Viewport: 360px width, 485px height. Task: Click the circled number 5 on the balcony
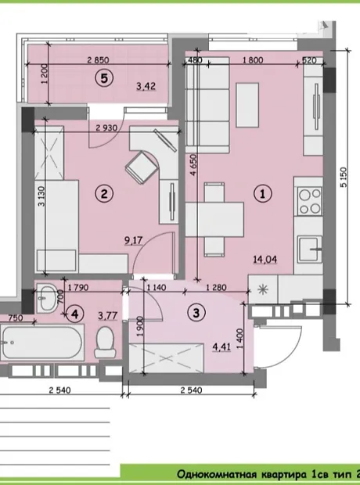pyautogui.click(x=104, y=78)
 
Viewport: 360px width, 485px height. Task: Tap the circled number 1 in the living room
pyautogui.click(x=263, y=194)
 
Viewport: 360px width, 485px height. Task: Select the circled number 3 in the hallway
pyautogui.click(x=196, y=313)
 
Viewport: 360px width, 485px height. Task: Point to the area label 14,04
pyautogui.click(x=265, y=259)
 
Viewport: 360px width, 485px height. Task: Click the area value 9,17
pyautogui.click(x=133, y=240)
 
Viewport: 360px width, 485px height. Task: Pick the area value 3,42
pyautogui.click(x=146, y=86)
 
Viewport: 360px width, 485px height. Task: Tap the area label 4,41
pyautogui.click(x=221, y=347)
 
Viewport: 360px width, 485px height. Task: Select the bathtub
pyautogui.click(x=42, y=342)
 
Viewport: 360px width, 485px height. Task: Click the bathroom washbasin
pyautogui.click(x=47, y=297)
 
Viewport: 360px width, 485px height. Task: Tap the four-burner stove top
pyautogui.click(x=308, y=201)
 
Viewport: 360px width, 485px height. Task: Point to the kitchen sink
pyautogui.click(x=309, y=249)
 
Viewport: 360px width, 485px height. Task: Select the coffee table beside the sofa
pyautogui.click(x=247, y=105)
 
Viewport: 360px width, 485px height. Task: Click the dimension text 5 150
pyautogui.click(x=344, y=177)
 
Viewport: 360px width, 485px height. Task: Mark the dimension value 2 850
pyautogui.click(x=98, y=59)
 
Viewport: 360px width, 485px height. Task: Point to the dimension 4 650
pyautogui.click(x=193, y=165)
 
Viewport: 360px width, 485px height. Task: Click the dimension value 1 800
pyautogui.click(x=253, y=59)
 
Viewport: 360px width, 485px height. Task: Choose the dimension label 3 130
pyautogui.click(x=41, y=196)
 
